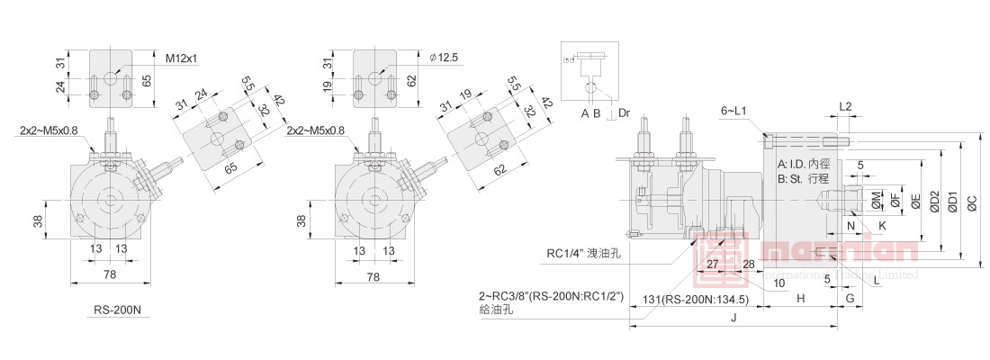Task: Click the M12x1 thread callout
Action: click(x=181, y=58)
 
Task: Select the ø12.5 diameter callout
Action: click(x=445, y=58)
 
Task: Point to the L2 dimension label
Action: click(x=845, y=107)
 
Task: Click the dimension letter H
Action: click(x=800, y=296)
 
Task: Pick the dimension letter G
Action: click(x=850, y=296)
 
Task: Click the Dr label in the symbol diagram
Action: click(x=625, y=114)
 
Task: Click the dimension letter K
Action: click(x=882, y=225)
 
